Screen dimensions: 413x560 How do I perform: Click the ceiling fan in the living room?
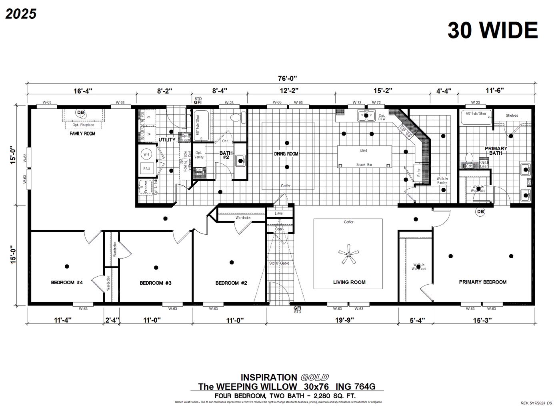[348, 254]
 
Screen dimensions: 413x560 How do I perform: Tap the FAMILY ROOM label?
[82, 134]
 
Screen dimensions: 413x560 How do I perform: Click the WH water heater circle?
[146, 154]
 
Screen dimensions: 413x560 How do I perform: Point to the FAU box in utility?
[146, 169]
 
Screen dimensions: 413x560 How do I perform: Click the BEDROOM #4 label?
[67, 283]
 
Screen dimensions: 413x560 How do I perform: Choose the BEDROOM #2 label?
[231, 283]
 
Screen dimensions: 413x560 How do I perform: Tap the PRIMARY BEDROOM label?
[482, 282]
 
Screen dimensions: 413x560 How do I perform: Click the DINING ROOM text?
[286, 154]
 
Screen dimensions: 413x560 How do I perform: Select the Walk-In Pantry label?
[442, 181]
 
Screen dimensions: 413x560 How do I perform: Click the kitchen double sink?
[366, 116]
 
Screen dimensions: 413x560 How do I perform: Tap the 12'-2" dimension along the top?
[290, 91]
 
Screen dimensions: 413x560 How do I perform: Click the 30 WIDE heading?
[492, 30]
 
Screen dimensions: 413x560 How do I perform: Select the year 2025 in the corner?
[21, 14]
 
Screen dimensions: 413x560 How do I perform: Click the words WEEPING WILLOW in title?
[256, 387]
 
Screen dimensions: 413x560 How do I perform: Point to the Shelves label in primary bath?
[512, 116]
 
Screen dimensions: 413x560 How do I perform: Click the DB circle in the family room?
[81, 113]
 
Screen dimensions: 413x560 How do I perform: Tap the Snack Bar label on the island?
[364, 165]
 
